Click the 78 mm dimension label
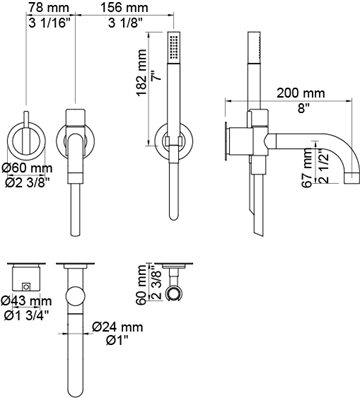pyautogui.click(x=48, y=7)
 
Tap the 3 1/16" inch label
pyautogui.click(x=50, y=23)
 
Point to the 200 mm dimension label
pyautogui.click(x=301, y=93)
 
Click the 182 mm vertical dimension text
pyautogui.click(x=142, y=73)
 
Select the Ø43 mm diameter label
pyautogui.click(x=26, y=301)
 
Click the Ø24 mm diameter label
pyautogui.click(x=118, y=327)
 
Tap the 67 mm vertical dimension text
pyautogui.click(x=308, y=168)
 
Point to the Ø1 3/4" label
pyautogui.click(x=27, y=315)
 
